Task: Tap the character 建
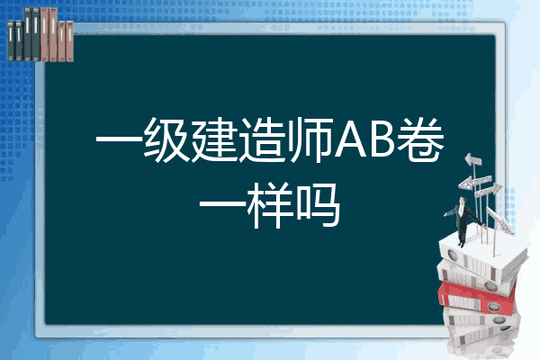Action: tap(215, 139)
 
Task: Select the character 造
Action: tap(263, 139)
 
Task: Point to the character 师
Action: tap(311, 139)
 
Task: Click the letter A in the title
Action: tap(352, 139)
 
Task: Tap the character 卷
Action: tap(420, 139)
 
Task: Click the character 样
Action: tap(271, 206)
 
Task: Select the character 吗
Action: tap(319, 206)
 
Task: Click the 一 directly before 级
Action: tap(119, 140)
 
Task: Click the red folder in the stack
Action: tap(476, 299)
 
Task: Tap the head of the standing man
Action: tap(462, 200)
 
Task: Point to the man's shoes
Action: tap(461, 245)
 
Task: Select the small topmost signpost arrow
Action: tap(473, 160)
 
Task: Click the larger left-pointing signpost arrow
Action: tap(474, 183)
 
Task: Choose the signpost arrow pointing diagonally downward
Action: tap(499, 220)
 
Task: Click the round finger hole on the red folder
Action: tap(493, 306)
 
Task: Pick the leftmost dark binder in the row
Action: tap(11, 41)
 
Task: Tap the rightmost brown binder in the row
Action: tap(70, 41)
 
